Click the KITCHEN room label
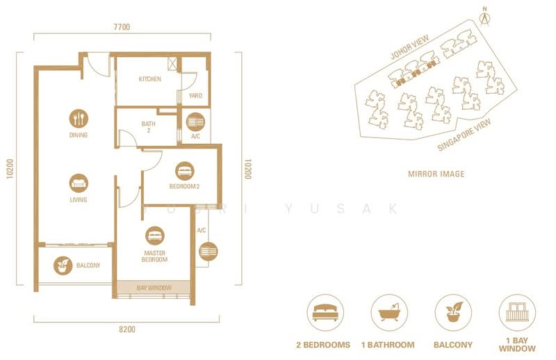[149, 79]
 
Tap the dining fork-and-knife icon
[79, 118]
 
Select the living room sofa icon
[79, 183]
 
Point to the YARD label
[195, 96]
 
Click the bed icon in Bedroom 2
[184, 170]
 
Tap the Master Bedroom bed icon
[155, 236]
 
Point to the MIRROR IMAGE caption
[436, 174]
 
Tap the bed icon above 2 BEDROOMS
[325, 311]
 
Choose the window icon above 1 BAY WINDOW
[517, 311]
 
